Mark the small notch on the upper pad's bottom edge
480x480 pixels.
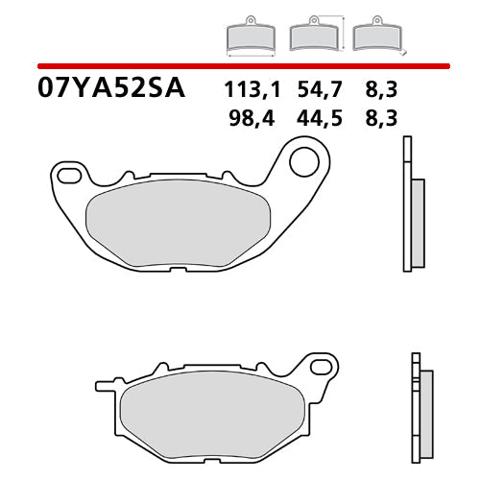coord(180,270)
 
